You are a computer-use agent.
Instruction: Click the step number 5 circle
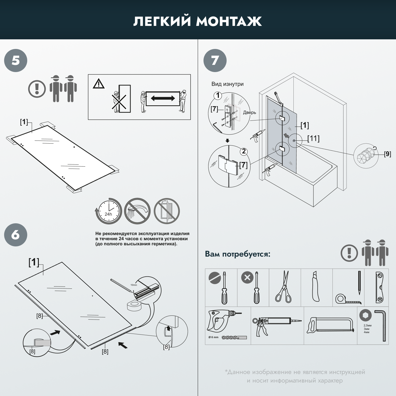(x=16, y=61)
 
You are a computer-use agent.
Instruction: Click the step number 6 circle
(x=16, y=235)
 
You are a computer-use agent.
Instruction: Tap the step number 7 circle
(x=215, y=61)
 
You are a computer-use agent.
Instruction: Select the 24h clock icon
(x=109, y=211)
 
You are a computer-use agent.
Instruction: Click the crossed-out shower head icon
(x=137, y=211)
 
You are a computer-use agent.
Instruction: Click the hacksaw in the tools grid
(x=330, y=326)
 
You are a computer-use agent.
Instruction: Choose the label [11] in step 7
(x=313, y=138)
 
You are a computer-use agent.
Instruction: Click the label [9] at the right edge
(x=387, y=154)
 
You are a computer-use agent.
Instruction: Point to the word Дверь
(x=249, y=112)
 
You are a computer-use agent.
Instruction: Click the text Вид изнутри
(x=227, y=84)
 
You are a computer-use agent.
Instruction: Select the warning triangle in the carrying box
(x=99, y=84)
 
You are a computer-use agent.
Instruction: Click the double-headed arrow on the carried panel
(x=163, y=98)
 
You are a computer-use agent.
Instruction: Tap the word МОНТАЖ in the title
(x=229, y=21)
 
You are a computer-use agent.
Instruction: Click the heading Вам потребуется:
(x=238, y=254)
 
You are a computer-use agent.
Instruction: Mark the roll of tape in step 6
(x=134, y=306)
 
